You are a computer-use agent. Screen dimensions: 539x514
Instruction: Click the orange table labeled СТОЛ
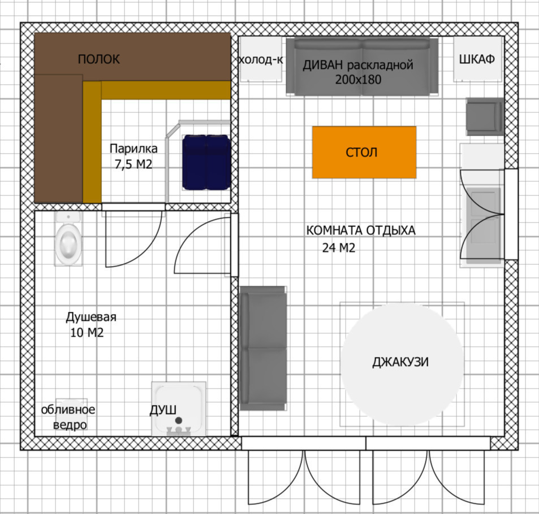(364, 152)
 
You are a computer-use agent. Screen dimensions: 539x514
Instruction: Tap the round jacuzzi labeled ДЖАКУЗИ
(402, 364)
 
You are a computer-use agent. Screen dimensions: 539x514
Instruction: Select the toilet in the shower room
(69, 238)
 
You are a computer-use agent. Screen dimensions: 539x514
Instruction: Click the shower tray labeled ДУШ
(179, 409)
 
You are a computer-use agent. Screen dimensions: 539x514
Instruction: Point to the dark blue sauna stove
(206, 162)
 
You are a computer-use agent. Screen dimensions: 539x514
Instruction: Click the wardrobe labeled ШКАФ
(477, 59)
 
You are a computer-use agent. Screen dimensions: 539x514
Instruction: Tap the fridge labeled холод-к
(261, 59)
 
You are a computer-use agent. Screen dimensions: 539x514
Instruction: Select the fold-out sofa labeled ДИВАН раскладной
(363, 67)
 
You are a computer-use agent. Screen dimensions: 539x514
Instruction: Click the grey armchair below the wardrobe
(485, 116)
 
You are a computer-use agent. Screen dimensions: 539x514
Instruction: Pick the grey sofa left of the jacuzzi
(263, 348)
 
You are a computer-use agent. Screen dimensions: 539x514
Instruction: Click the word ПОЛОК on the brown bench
(98, 59)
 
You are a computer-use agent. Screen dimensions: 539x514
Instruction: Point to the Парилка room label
(133, 149)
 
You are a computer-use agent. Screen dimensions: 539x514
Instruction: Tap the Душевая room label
(91, 317)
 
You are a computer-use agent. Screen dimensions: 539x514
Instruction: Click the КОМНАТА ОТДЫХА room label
(361, 230)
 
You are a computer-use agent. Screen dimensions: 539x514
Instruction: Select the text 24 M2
(339, 247)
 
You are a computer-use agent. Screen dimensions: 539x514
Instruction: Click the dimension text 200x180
(358, 80)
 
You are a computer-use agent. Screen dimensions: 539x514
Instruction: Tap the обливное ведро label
(68, 417)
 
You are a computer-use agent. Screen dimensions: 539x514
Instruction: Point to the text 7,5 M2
(133, 164)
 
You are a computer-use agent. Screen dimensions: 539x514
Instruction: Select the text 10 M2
(87, 333)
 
